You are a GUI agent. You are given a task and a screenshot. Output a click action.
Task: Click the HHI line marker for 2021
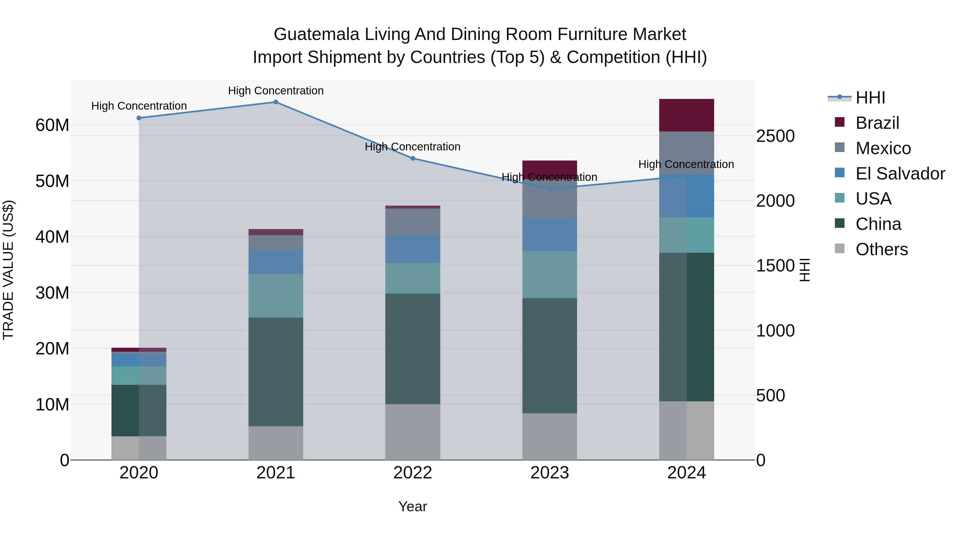[276, 102]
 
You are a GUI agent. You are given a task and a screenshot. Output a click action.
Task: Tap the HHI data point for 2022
[413, 158]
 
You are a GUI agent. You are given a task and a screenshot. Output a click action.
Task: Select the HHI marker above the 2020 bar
[139, 118]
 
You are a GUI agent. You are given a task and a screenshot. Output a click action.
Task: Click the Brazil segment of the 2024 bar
[686, 115]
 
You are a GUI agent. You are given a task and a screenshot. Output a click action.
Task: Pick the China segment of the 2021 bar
[276, 372]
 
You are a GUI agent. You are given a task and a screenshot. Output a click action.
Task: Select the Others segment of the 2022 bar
[413, 432]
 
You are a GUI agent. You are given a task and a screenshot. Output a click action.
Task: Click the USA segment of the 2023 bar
[550, 274]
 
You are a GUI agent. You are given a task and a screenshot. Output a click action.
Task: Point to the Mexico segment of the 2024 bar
[686, 153]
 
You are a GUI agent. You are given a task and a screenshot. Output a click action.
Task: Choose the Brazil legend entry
[877, 123]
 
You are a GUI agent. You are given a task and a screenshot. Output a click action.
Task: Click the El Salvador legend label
[900, 174]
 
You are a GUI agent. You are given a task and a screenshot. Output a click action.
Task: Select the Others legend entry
[881, 249]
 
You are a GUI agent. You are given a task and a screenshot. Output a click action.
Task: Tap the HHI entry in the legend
[870, 98]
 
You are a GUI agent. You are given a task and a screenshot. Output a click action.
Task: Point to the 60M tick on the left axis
[52, 125]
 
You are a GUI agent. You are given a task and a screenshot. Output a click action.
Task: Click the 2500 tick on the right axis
[775, 136]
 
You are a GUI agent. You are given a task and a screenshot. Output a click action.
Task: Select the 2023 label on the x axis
[550, 473]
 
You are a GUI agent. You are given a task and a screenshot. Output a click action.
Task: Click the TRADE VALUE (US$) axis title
[8, 270]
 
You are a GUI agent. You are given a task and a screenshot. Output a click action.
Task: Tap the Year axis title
[413, 506]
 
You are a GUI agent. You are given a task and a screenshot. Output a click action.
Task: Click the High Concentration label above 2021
[276, 91]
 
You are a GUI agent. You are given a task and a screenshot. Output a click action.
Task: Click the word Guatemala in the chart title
[316, 34]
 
